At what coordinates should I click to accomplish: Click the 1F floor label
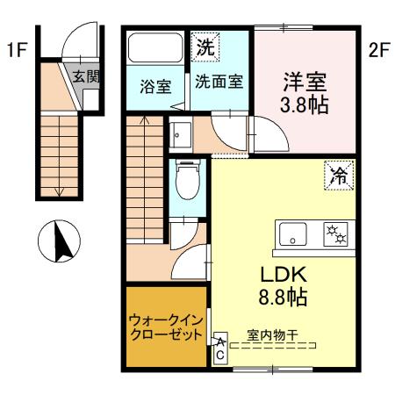pos(14,50)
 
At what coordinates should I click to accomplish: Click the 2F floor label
pos(377,50)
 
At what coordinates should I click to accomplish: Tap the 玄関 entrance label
pos(86,76)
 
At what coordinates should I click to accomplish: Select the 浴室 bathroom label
pos(154,87)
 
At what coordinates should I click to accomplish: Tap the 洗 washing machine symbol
pos(204,46)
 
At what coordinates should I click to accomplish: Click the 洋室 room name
pos(305,81)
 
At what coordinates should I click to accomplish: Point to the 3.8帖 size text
pos(305,104)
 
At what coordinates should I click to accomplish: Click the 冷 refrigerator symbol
pos(337,174)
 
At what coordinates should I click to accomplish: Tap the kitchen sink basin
pos(291,235)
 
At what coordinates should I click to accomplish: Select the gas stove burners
pos(334,234)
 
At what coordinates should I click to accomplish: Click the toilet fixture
pos(186,182)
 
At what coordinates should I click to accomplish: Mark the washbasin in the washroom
pos(183,135)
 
